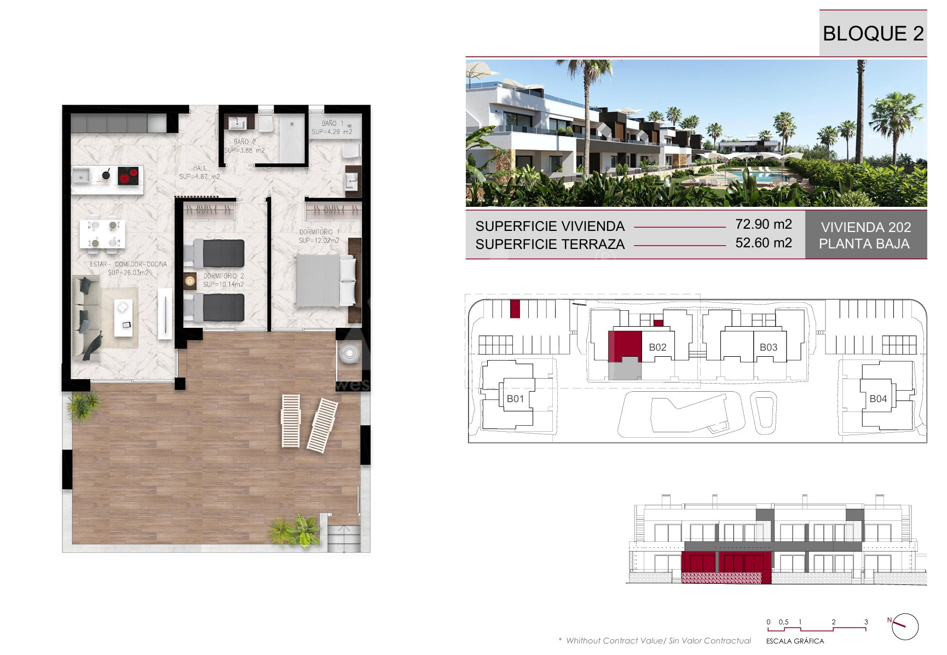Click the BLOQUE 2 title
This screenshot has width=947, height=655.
click(x=873, y=33)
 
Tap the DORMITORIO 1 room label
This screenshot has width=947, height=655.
click(x=319, y=232)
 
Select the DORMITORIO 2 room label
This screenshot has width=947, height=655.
click(x=224, y=276)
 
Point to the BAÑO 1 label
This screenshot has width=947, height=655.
click(x=333, y=123)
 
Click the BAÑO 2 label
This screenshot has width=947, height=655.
click(x=245, y=142)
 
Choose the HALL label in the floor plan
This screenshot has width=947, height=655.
click(x=200, y=168)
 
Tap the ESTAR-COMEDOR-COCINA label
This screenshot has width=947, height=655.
click(x=129, y=264)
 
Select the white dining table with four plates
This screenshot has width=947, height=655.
click(x=102, y=234)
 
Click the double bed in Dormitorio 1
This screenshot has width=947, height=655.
click(x=325, y=280)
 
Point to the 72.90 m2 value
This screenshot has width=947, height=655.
click(x=764, y=224)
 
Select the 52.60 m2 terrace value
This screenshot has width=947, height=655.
click(x=764, y=243)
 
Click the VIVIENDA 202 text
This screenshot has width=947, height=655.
click(x=865, y=227)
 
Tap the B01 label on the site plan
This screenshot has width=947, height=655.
click(x=515, y=399)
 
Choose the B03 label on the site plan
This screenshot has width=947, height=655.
click(x=769, y=347)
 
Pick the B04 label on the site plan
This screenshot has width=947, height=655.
click(x=878, y=399)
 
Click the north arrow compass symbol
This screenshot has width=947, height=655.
click(x=904, y=626)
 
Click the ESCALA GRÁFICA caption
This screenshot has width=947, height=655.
click(x=795, y=641)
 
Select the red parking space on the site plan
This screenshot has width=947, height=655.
click(x=515, y=309)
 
